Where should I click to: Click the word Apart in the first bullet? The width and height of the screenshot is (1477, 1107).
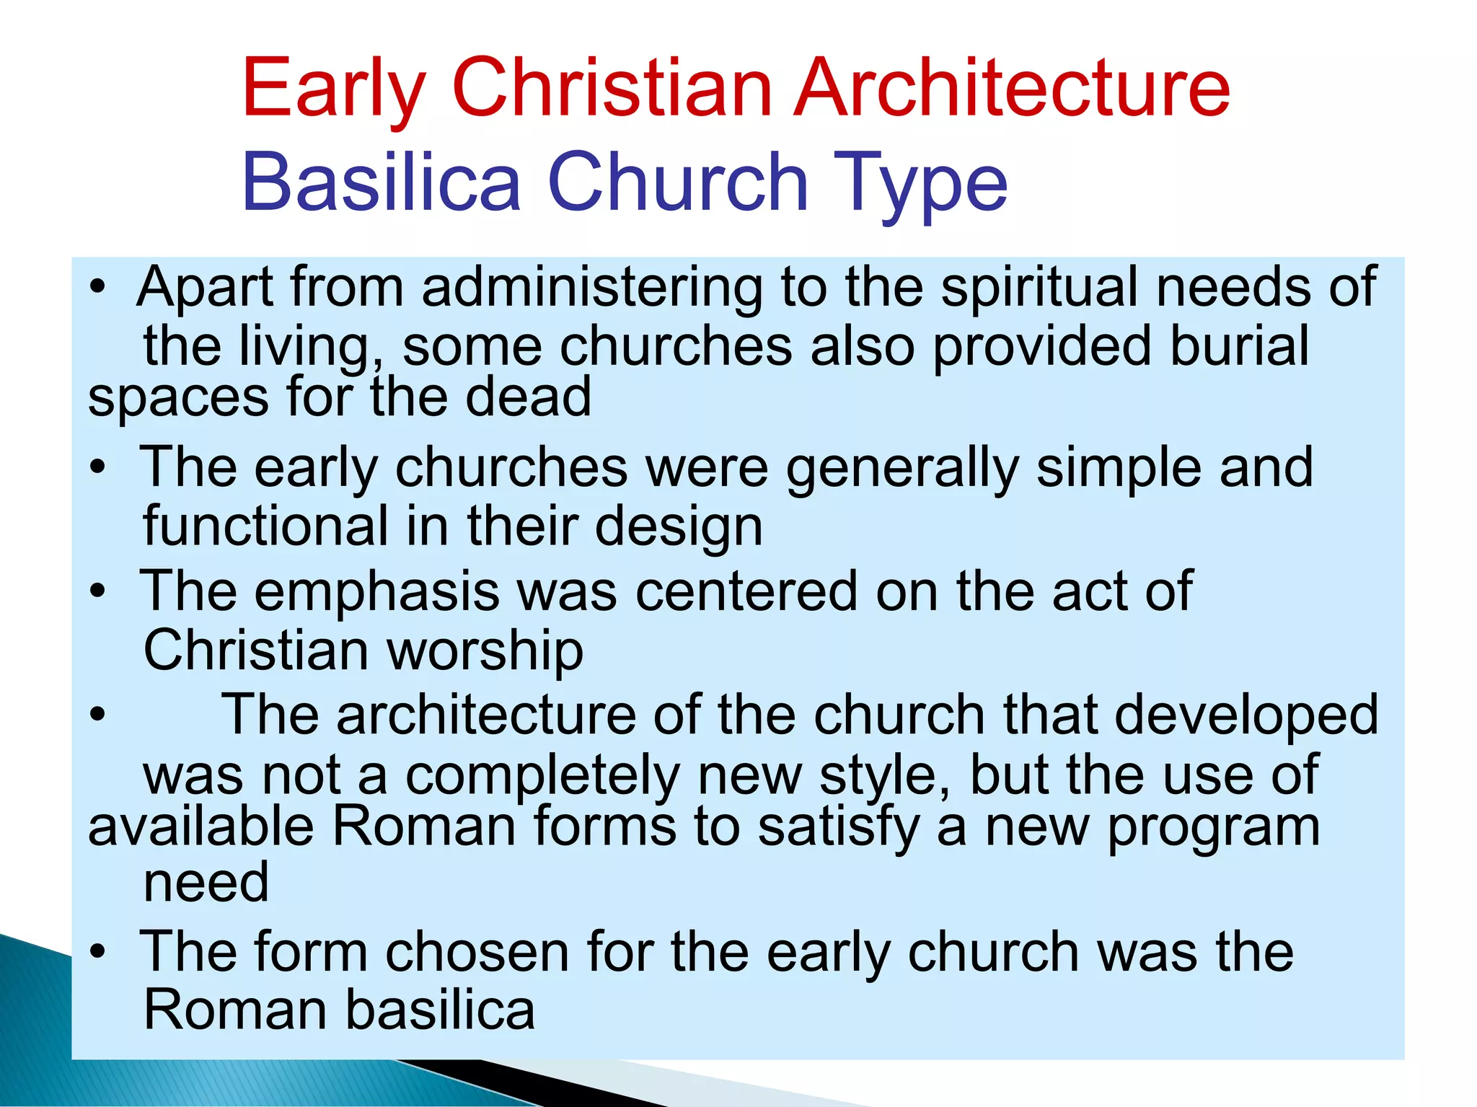205,288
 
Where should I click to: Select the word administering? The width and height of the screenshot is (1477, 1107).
592,288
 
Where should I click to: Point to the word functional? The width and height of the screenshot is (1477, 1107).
266,526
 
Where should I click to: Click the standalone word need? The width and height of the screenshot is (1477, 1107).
206,883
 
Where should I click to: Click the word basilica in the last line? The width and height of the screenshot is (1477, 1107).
439,1010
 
